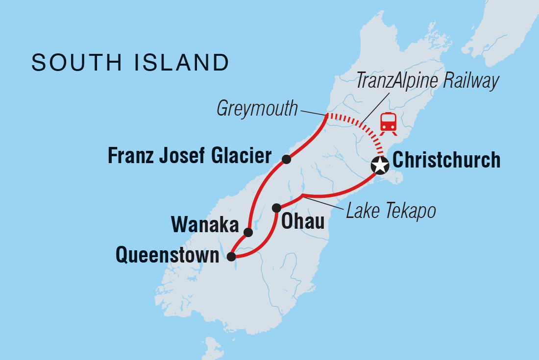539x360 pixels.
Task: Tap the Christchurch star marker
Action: click(x=380, y=166)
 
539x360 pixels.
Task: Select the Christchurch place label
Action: click(x=446, y=160)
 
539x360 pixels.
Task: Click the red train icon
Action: click(x=389, y=122)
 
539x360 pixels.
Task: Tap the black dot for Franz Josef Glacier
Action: click(x=287, y=159)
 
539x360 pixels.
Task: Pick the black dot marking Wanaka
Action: click(x=248, y=232)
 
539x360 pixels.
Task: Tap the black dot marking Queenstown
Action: click(x=231, y=255)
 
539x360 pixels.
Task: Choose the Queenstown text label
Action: click(x=167, y=255)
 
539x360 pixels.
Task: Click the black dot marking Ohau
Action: click(x=276, y=208)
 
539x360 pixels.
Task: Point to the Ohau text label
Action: click(x=303, y=222)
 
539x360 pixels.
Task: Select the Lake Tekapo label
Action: click(x=391, y=211)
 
